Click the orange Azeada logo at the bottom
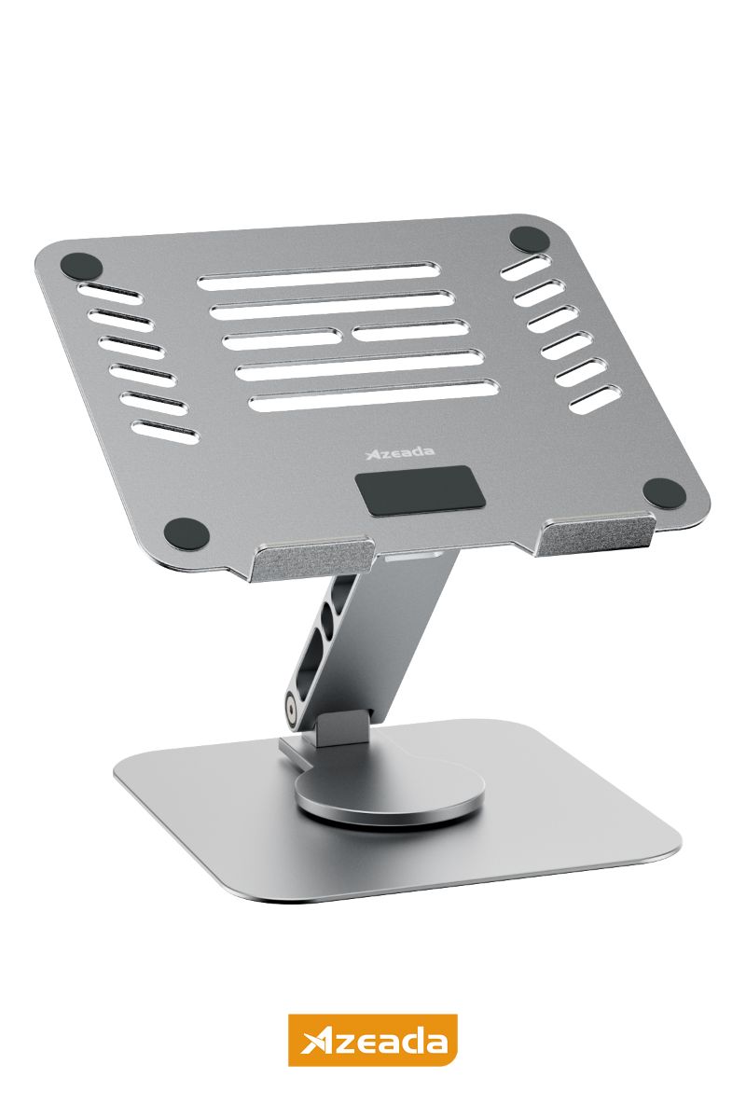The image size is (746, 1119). [x=373, y=1039]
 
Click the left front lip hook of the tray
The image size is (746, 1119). [x=311, y=556]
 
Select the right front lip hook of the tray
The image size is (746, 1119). [x=598, y=535]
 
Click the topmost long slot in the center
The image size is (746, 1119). [x=318, y=277]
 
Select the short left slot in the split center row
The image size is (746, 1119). [x=281, y=338]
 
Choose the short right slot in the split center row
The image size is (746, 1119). [x=409, y=329]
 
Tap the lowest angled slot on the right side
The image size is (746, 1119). [x=592, y=397]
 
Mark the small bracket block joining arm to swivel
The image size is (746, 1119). [x=338, y=728]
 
